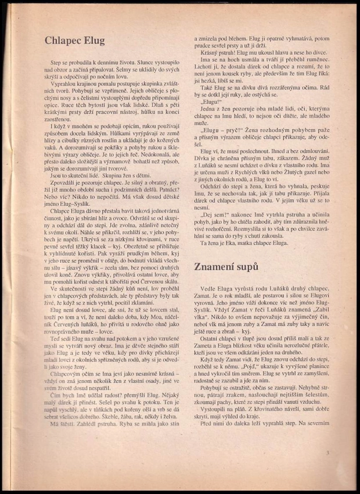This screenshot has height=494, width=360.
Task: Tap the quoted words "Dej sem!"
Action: pyautogui.click(x=215, y=214)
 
